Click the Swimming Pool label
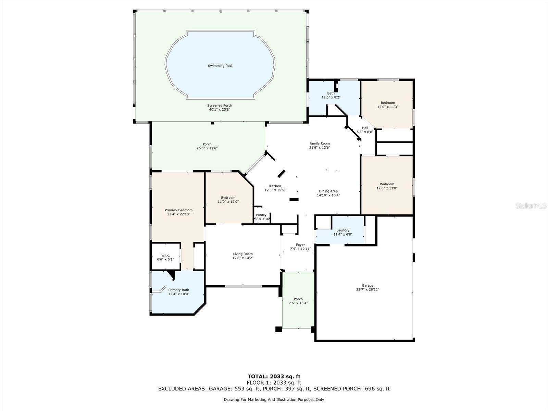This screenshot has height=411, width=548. (x=220, y=66)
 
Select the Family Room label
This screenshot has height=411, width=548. (x=320, y=144)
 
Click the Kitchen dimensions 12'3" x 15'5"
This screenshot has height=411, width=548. (x=275, y=190)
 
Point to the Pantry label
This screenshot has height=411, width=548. (x=261, y=215)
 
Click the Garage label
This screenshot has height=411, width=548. (x=368, y=285)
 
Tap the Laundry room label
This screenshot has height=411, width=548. (x=342, y=231)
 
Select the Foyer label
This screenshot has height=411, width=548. (x=300, y=245)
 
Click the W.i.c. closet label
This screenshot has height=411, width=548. (x=165, y=256)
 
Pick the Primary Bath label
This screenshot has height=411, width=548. (x=178, y=290)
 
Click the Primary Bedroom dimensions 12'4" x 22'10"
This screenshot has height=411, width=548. (x=178, y=214)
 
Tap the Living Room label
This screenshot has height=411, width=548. (x=243, y=254)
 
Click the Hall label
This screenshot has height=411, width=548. (x=365, y=128)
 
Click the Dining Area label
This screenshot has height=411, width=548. (x=328, y=191)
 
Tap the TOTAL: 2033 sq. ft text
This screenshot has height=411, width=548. (x=274, y=377)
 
